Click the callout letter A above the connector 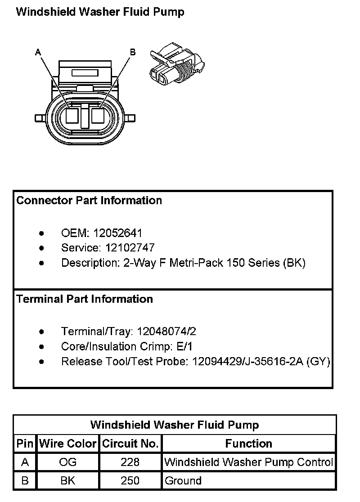(38, 53)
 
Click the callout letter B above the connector (133, 53)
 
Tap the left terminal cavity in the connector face (72, 116)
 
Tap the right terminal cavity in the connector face (98, 116)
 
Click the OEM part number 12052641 (117, 233)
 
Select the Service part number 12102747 (130, 248)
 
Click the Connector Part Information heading (89, 201)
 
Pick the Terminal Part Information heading (85, 299)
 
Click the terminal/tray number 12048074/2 (166, 332)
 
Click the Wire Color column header (68, 444)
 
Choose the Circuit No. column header (130, 444)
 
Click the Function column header (248, 444)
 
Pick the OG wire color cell (68, 462)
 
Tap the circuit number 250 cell (130, 480)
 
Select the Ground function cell (183, 480)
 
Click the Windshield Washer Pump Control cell (248, 462)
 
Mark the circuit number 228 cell (130, 462)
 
